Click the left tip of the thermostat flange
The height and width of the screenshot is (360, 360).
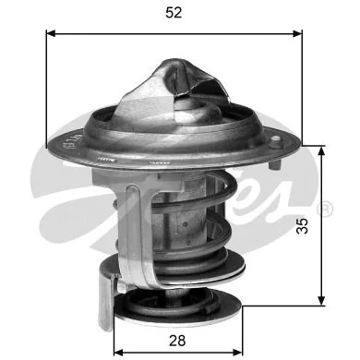pos(47,146)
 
